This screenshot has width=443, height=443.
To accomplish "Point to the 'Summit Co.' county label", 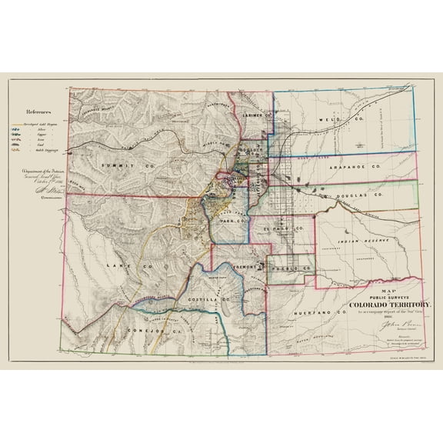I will point(112,165).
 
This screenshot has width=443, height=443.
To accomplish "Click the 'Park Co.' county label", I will point(231,221).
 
